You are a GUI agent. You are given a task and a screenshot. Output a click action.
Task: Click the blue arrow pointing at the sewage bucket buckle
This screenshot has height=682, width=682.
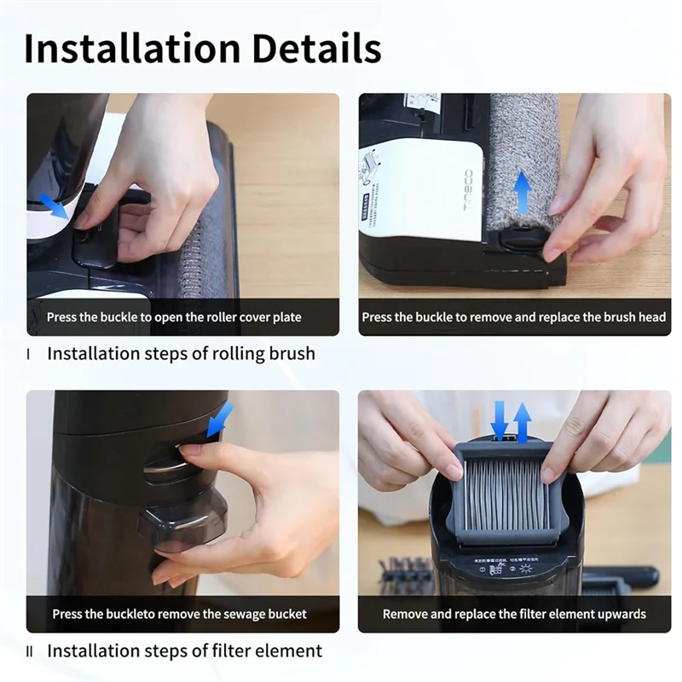(220, 419)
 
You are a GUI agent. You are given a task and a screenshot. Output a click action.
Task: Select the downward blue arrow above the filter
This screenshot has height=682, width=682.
(500, 420)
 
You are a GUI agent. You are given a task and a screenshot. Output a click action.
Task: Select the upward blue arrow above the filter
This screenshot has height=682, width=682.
(522, 421)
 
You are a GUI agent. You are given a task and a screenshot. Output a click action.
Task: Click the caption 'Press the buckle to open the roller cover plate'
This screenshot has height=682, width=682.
(174, 317)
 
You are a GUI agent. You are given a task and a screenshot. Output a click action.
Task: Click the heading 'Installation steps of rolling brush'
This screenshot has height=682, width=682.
(181, 353)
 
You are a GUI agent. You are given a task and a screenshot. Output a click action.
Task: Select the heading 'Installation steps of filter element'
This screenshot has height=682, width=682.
(184, 651)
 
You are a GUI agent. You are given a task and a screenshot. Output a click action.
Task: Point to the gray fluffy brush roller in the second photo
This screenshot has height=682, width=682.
(523, 153)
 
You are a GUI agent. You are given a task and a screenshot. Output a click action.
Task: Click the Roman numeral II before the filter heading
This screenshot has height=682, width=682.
(30, 651)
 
